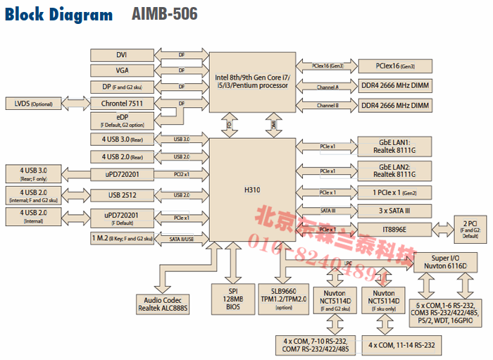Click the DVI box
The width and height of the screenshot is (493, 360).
coord(121,55)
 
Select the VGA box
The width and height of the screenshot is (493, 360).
coord(121,70)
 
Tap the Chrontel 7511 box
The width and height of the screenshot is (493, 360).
coord(121,103)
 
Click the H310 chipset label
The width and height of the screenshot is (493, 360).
coord(252,190)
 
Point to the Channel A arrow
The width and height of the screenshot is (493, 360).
coord(327,87)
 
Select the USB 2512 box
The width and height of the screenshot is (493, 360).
coord(121,194)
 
